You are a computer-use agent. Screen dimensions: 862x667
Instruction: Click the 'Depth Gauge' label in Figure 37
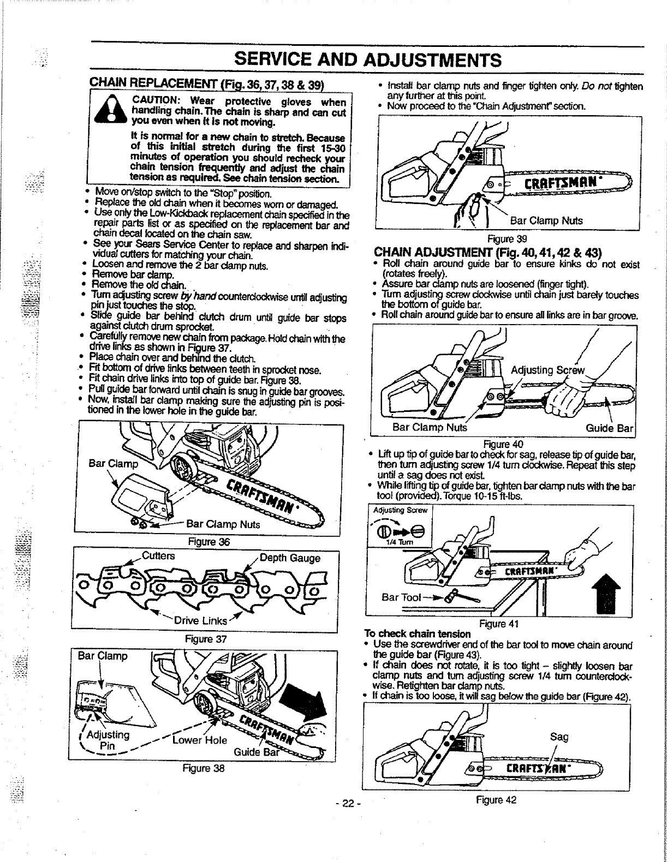(289, 558)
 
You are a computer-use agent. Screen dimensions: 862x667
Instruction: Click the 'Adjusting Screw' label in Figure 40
(546, 372)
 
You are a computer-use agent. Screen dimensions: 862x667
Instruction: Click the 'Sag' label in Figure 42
(559, 737)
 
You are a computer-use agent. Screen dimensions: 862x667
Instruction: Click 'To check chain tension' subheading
(417, 633)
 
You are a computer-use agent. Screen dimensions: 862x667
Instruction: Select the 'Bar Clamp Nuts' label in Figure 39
(545, 221)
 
